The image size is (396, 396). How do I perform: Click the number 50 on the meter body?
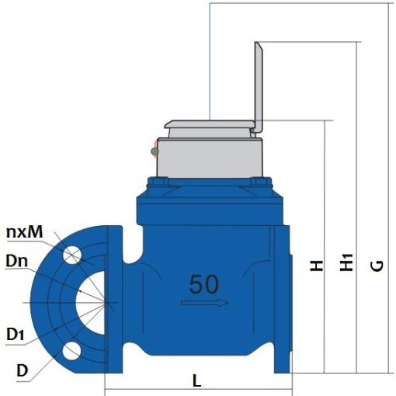[x=203, y=284]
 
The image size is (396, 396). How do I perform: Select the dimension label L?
[x=197, y=381]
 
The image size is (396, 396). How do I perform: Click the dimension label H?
[x=316, y=266]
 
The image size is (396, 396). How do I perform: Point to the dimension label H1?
[x=347, y=264]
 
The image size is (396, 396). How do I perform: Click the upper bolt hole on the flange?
[x=73, y=254]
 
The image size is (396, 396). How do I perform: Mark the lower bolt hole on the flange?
[x=73, y=351]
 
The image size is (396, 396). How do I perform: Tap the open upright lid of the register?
[x=260, y=85]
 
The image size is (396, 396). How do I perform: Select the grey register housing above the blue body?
[x=207, y=159]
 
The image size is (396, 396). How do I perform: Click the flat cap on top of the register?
[x=210, y=123]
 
